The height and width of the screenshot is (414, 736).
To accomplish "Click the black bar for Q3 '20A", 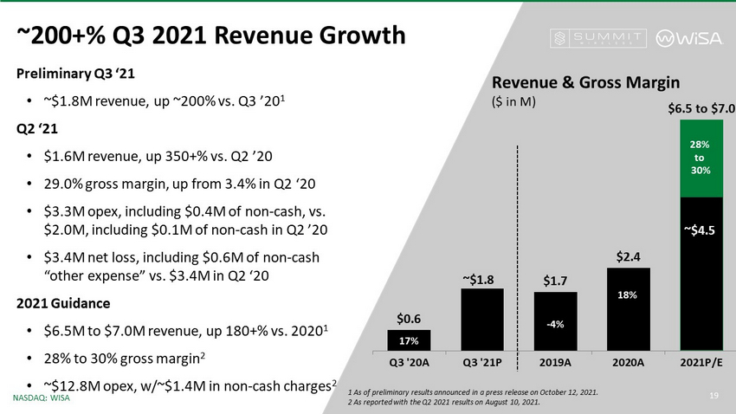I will click(409, 338).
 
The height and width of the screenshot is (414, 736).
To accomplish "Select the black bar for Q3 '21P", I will click(482, 317).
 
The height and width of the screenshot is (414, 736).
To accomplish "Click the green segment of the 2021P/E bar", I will click(701, 159).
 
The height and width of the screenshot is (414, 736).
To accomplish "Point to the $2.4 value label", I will click(629, 256).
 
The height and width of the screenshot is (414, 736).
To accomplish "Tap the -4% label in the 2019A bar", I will click(555, 324).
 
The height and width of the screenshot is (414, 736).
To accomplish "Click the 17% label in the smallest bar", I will click(409, 340).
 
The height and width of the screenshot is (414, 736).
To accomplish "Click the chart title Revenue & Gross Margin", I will click(585, 81).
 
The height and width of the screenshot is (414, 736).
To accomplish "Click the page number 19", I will click(715, 397).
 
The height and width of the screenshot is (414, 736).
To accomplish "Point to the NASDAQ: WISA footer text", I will click(42, 398).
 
